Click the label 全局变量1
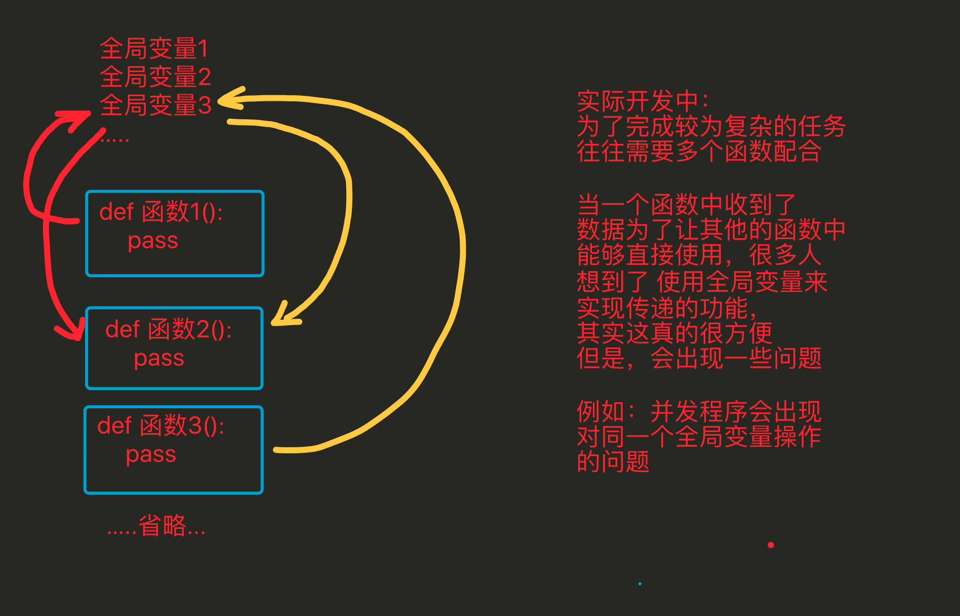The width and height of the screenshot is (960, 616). tap(153, 49)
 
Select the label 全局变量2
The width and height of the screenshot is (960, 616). tap(155, 77)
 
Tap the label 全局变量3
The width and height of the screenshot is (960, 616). tap(155, 105)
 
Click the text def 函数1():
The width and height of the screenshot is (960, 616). tap(161, 212)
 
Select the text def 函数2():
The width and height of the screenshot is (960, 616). tap(168, 329)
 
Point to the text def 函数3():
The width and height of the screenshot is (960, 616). tap(161, 426)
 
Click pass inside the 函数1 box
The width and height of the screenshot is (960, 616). tap(153, 241)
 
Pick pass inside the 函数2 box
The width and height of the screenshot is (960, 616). tap(159, 358)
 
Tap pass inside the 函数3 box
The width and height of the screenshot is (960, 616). tap(151, 454)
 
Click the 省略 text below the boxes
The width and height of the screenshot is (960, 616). tap(162, 525)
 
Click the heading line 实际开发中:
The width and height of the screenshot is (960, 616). tap(643, 101)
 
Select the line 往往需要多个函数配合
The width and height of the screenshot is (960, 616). tap(699, 151)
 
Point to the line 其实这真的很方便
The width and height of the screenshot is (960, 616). tap(674, 333)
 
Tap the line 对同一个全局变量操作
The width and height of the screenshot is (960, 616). tap(699, 437)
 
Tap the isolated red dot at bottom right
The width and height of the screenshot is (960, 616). tap(771, 545)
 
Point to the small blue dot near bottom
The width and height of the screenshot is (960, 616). tap(640, 584)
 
